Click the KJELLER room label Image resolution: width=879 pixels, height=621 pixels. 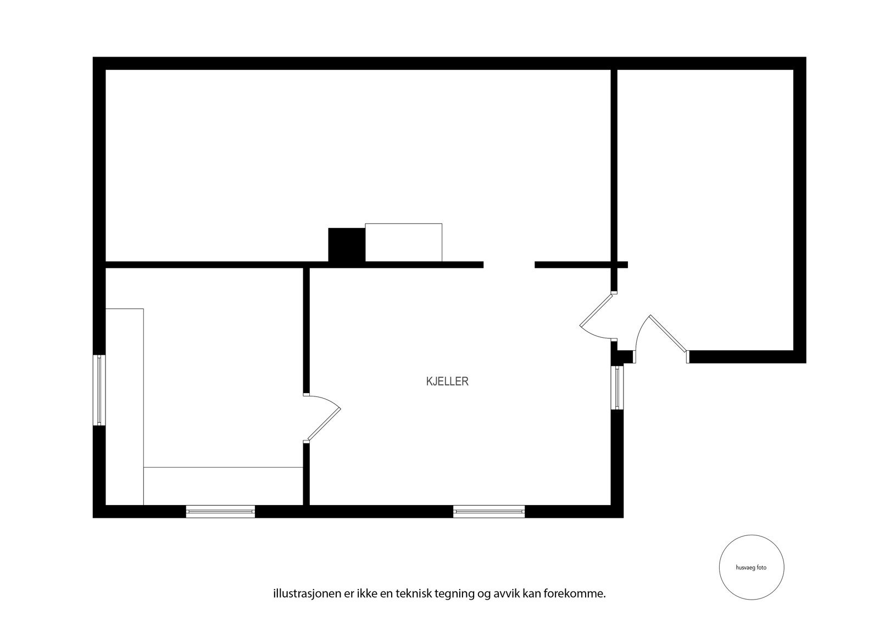click(447, 382)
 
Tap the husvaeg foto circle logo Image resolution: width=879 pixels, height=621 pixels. click(751, 568)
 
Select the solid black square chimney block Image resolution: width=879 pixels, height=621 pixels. click(347, 245)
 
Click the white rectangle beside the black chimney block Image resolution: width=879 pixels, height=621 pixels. click(404, 242)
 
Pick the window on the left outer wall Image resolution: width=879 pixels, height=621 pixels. click(99, 390)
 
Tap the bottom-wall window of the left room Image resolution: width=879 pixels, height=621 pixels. click(220, 512)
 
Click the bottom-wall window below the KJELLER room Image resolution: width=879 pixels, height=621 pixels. click(489, 512)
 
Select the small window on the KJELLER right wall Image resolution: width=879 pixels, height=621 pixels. click(617, 388)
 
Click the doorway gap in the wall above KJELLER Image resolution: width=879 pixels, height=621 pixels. click(509, 265)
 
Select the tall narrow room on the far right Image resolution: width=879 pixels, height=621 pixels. click(706, 209)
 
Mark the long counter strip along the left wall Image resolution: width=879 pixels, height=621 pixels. click(125, 406)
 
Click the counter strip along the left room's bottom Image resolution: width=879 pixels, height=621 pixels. click(223, 486)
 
